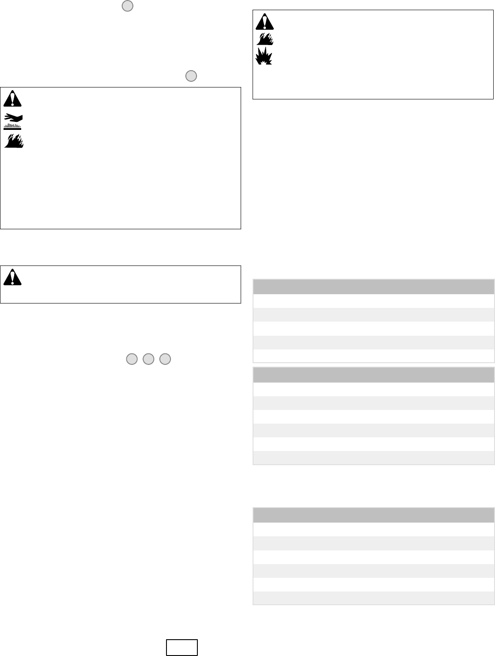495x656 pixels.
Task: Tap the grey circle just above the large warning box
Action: pyautogui.click(x=191, y=76)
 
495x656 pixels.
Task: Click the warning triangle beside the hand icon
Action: pyautogui.click(x=12, y=99)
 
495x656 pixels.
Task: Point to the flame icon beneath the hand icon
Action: pyautogui.click(x=13, y=140)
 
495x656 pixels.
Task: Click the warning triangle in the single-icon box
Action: pyautogui.click(x=12, y=277)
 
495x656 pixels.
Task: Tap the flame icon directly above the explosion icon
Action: pyautogui.click(x=265, y=38)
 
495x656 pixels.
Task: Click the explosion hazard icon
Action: pyautogui.click(x=265, y=57)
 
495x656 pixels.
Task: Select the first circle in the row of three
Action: pyautogui.click(x=132, y=359)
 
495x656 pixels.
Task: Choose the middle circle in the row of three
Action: pyautogui.click(x=148, y=359)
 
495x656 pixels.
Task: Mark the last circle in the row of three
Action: pyautogui.click(x=165, y=359)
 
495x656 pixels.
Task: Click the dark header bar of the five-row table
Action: pyautogui.click(x=373, y=287)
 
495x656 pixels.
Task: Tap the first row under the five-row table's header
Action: pyautogui.click(x=373, y=301)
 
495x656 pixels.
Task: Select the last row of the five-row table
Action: pyautogui.click(x=373, y=356)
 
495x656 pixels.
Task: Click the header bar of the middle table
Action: pyautogui.click(x=373, y=375)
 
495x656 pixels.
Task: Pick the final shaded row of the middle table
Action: pyautogui.click(x=373, y=458)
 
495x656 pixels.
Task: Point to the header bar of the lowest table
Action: pyautogui.click(x=373, y=516)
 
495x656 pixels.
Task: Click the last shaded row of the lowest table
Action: pyautogui.click(x=373, y=598)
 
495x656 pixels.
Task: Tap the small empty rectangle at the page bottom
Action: pyautogui.click(x=181, y=647)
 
